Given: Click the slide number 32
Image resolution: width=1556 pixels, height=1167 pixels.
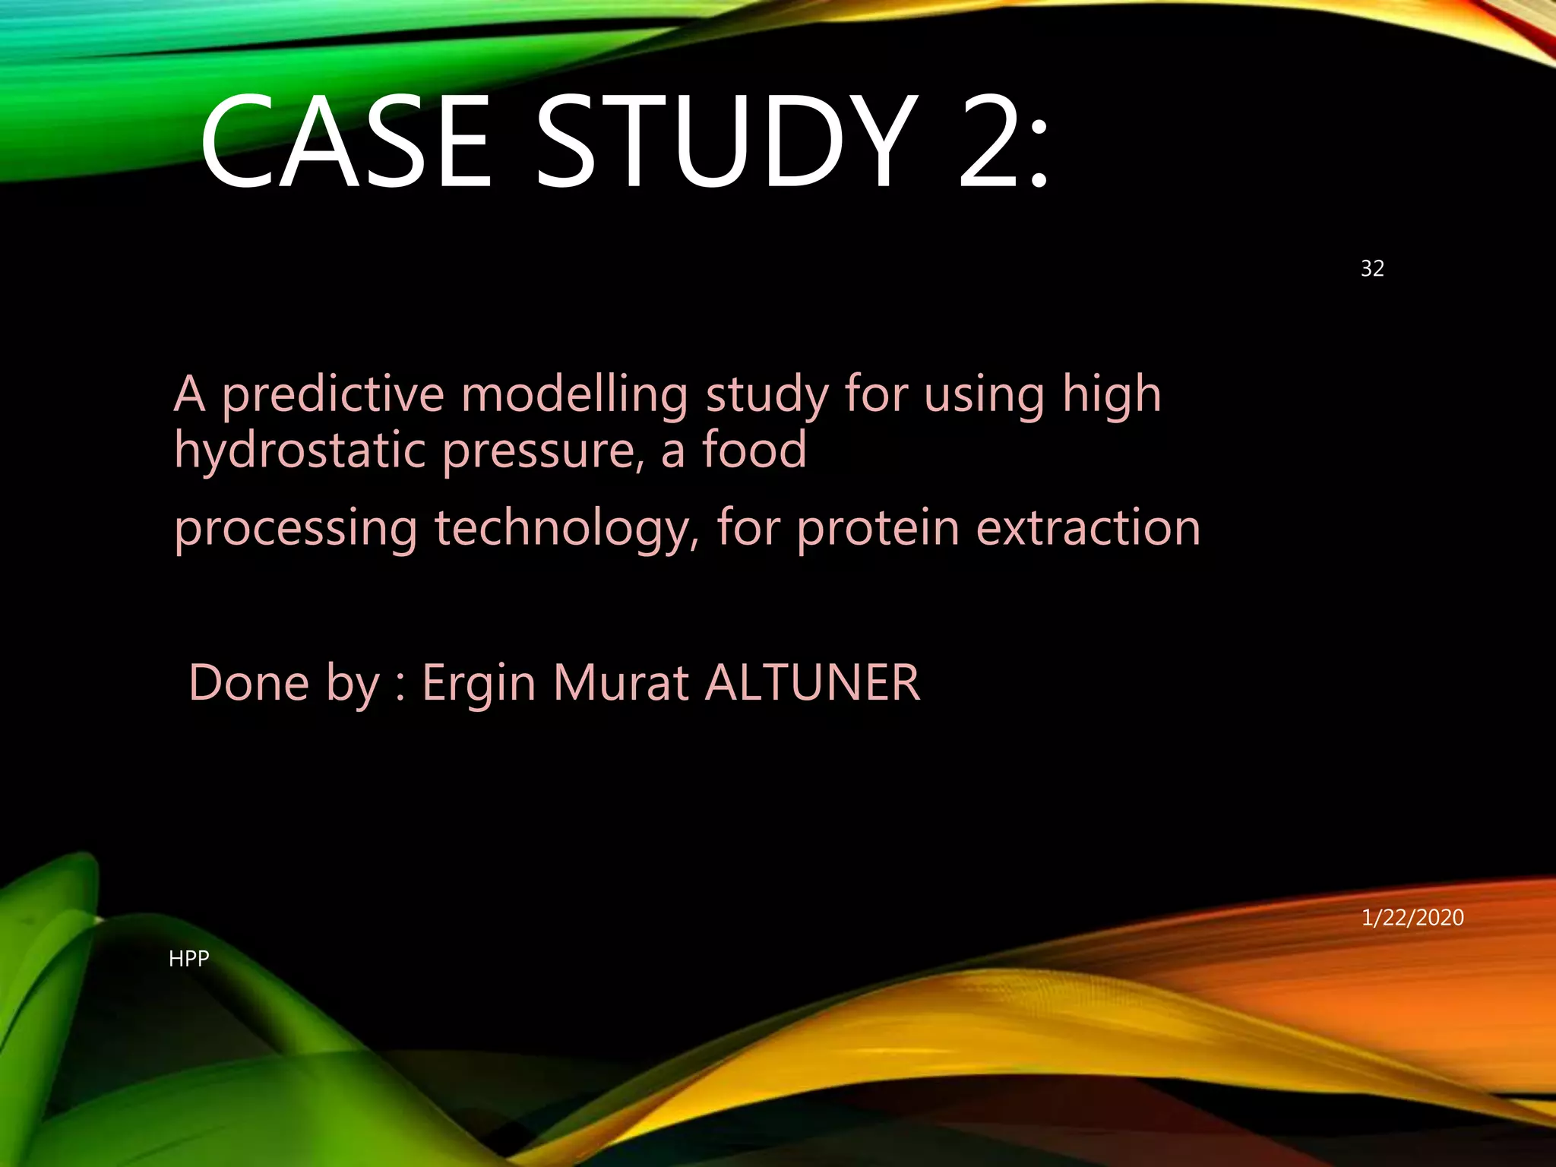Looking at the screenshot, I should point(1372,268).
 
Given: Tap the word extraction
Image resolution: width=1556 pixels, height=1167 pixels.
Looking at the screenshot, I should point(1088,528).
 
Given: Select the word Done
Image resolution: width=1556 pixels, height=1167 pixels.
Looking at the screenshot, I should point(249,682).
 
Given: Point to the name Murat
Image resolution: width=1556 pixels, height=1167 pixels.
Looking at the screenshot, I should point(621,682).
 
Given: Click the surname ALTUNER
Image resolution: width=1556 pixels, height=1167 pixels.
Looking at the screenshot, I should point(812,682).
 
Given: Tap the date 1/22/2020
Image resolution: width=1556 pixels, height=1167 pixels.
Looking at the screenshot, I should point(1412,918).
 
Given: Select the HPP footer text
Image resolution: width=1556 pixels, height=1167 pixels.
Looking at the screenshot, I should point(188,959).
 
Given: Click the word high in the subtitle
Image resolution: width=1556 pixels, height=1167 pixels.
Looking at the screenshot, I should point(1112,396).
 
